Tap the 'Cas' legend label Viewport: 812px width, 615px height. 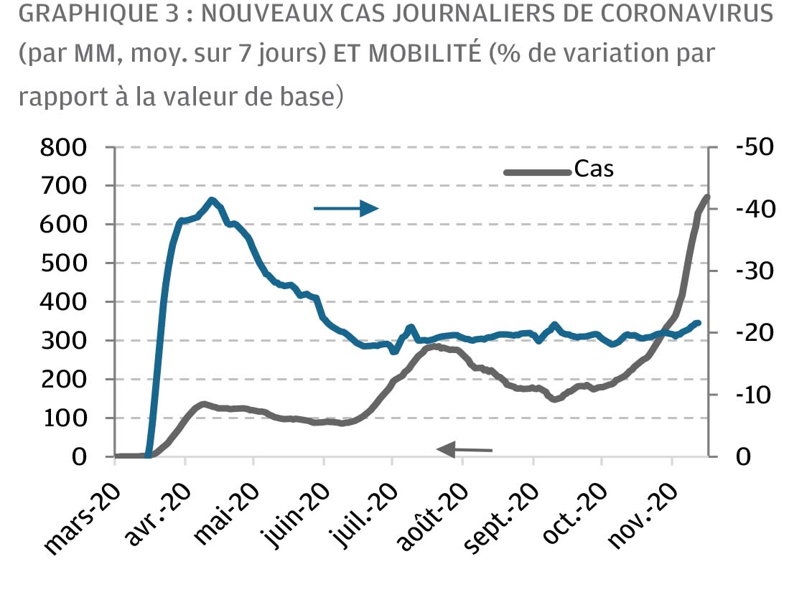594,169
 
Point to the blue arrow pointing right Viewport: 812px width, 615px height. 346,208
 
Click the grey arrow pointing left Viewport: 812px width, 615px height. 465,450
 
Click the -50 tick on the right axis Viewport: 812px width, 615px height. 754,147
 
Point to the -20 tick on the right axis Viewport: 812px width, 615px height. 754,333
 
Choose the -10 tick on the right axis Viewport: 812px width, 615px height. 754,395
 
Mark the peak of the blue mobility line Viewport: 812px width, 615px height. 211,200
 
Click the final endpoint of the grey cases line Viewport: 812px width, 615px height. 706,196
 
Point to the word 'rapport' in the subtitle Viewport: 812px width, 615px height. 58,97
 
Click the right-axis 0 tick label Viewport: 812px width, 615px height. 743,457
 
